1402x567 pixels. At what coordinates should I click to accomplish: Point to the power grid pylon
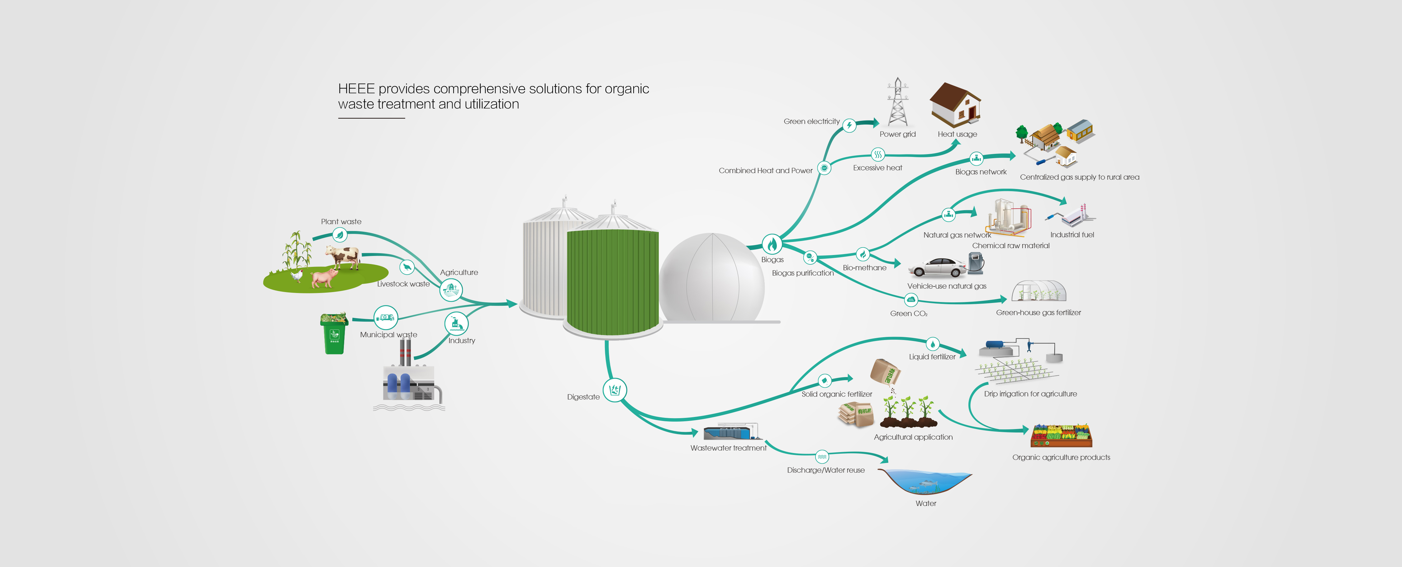click(x=897, y=102)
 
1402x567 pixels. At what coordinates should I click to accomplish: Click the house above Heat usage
click(x=955, y=105)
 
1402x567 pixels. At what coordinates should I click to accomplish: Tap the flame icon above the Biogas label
click(x=772, y=244)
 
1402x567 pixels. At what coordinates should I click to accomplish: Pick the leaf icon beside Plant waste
click(x=340, y=235)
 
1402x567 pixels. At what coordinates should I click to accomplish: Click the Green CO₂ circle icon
click(x=910, y=300)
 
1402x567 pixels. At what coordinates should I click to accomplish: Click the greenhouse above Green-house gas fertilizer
click(x=1038, y=291)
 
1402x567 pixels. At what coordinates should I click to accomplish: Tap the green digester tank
click(x=613, y=280)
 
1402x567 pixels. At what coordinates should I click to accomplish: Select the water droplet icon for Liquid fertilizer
click(x=932, y=344)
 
